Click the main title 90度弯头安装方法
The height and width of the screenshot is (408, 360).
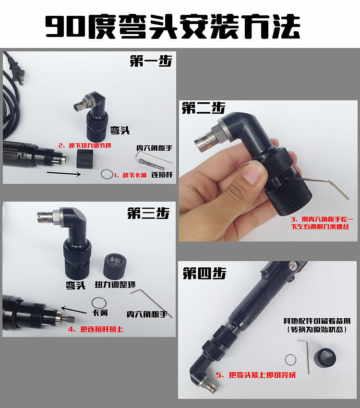point(173,26)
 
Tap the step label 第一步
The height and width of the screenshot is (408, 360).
point(151,61)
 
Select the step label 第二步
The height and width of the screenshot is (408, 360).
point(204,108)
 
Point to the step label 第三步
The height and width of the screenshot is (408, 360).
point(148,213)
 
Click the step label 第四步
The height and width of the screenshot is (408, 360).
point(204,273)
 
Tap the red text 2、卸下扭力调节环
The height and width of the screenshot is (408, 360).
point(85,145)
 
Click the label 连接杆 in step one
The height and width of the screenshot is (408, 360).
point(162,175)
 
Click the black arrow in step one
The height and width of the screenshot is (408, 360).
point(64,174)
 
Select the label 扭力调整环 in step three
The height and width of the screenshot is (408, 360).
point(115,285)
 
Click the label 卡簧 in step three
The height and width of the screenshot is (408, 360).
point(100,312)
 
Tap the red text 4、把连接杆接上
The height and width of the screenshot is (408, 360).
point(96,329)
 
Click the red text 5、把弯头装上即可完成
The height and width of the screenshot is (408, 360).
point(256,375)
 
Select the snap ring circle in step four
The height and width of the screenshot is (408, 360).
point(286,360)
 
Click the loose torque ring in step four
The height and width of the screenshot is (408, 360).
point(324,358)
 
